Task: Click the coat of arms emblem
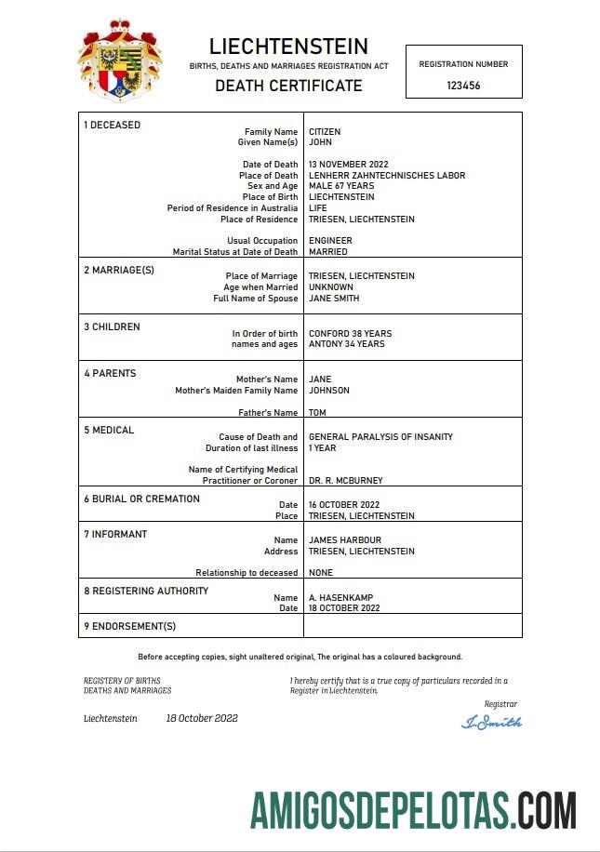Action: (119, 60)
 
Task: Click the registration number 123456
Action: (463, 85)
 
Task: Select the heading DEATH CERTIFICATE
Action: (288, 86)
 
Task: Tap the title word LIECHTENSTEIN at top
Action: (288, 47)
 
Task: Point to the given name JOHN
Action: (320, 142)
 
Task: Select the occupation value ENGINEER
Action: (330, 241)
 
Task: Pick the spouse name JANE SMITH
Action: (334, 299)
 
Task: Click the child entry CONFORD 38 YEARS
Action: (350, 333)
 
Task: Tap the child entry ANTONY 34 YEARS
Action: (347, 344)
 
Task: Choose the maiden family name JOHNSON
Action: (329, 391)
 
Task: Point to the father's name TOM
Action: (317, 413)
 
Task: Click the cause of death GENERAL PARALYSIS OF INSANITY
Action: (380, 436)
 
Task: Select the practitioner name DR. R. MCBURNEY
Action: (345, 481)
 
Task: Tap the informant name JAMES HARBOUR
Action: (345, 540)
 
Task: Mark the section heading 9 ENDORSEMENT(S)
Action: (129, 626)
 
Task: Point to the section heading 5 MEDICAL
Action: (109, 431)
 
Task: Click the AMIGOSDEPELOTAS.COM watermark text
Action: (413, 810)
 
